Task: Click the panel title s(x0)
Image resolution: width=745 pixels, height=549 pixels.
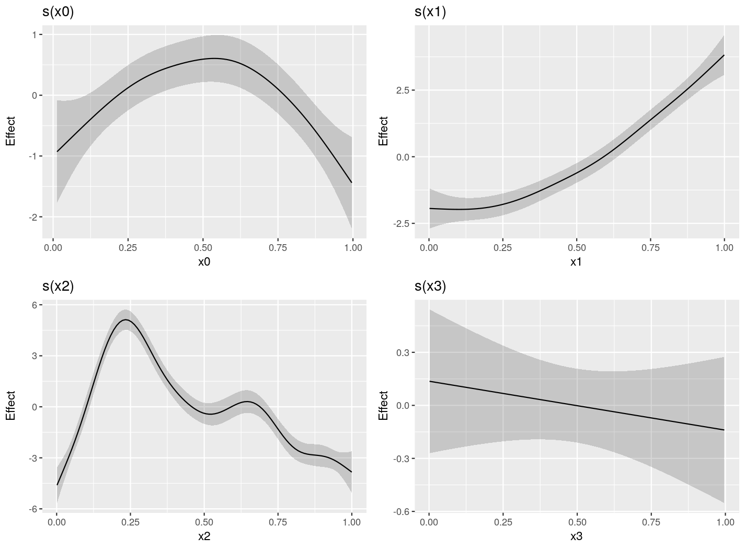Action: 58,12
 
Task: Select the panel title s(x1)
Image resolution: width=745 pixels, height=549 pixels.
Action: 430,12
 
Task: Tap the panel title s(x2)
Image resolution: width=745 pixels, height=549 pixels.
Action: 58,286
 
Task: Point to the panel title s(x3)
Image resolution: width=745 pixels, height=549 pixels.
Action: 430,286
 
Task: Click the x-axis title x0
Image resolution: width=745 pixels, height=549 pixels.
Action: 204,262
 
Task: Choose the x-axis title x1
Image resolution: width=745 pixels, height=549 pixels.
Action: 576,262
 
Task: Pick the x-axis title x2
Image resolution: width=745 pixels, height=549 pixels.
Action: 204,536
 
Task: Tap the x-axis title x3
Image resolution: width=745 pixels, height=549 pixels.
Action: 576,536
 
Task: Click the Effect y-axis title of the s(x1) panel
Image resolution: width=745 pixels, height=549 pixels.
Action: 383,131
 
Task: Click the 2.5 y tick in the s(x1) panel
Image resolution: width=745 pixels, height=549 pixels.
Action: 403,90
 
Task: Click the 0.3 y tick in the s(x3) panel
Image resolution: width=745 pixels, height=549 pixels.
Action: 403,352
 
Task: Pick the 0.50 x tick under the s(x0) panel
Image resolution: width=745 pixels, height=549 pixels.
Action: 203,248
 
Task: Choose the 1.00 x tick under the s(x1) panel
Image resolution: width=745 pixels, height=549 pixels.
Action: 724,248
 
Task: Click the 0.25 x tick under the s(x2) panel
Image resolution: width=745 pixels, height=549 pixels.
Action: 131,522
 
